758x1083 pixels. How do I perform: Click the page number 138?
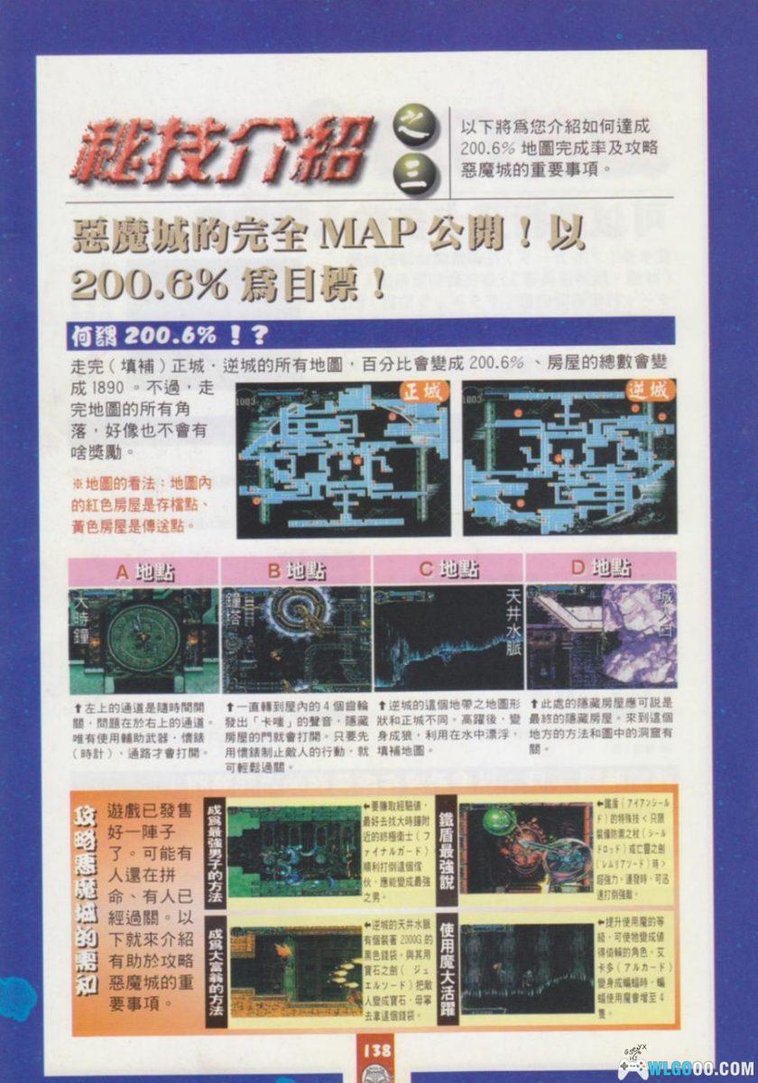377,1050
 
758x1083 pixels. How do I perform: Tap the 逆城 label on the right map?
647,392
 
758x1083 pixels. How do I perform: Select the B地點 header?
297,571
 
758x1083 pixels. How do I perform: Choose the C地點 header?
448,571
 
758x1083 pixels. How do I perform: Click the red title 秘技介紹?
224,149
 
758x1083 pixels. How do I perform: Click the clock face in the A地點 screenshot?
143,638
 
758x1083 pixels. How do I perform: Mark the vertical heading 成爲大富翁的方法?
215,970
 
